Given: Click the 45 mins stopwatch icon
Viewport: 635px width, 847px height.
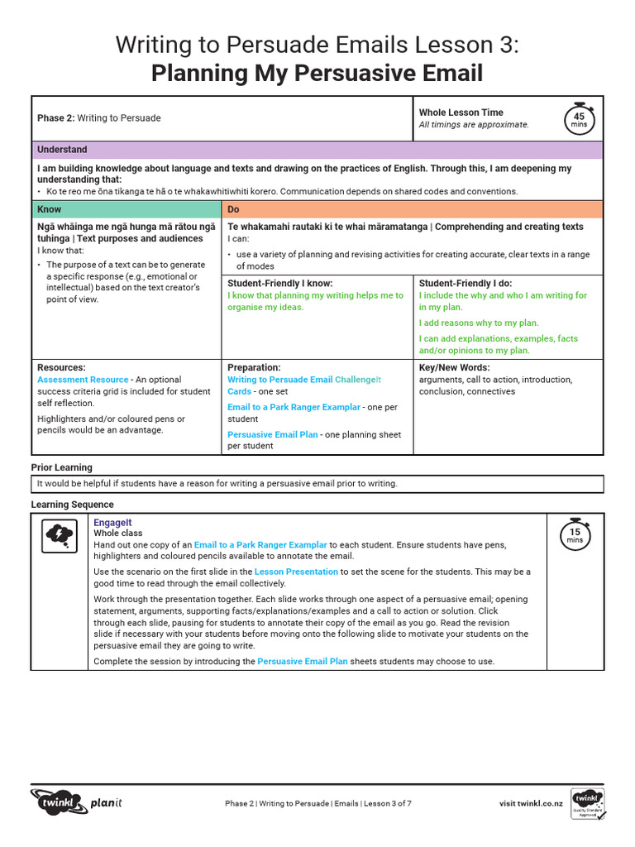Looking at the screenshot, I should tap(579, 119).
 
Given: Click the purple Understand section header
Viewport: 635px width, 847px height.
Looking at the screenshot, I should tap(317, 150).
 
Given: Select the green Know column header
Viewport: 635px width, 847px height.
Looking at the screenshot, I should tap(127, 209).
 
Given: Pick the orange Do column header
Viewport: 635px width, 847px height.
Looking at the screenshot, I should tap(412, 209).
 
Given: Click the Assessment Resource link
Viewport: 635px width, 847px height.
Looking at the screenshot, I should tap(83, 380).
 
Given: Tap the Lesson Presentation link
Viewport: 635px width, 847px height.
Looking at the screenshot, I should tap(296, 572).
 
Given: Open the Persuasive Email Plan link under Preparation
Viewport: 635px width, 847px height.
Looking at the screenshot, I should tap(272, 434).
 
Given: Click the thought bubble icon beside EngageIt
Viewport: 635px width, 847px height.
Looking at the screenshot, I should tap(60, 535).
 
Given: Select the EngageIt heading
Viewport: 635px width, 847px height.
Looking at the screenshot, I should tap(112, 523).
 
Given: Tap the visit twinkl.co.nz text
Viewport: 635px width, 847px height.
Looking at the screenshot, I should tap(531, 803).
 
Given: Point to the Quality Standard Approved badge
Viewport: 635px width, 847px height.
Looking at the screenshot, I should tap(587, 803).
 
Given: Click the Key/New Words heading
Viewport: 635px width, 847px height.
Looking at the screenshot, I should tap(454, 367).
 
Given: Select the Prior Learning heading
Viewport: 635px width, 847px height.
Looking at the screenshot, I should tap(62, 467).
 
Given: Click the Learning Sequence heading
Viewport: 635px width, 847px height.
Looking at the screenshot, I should tap(73, 505).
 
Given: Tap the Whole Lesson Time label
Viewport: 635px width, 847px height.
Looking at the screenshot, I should tap(461, 112).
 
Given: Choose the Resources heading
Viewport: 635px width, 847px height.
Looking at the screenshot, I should tap(61, 367).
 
